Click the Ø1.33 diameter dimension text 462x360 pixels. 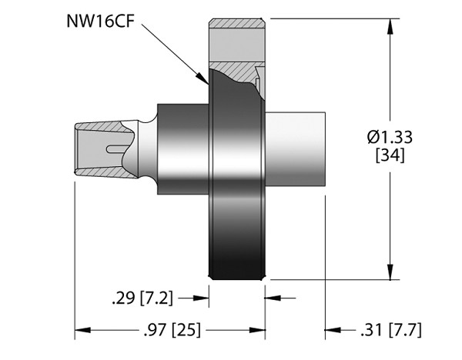pos(390,138)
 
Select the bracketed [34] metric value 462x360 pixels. pos(390,156)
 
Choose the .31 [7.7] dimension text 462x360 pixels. pos(390,331)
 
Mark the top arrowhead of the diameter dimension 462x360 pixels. pos(392,23)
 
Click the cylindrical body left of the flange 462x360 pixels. pos(183,146)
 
